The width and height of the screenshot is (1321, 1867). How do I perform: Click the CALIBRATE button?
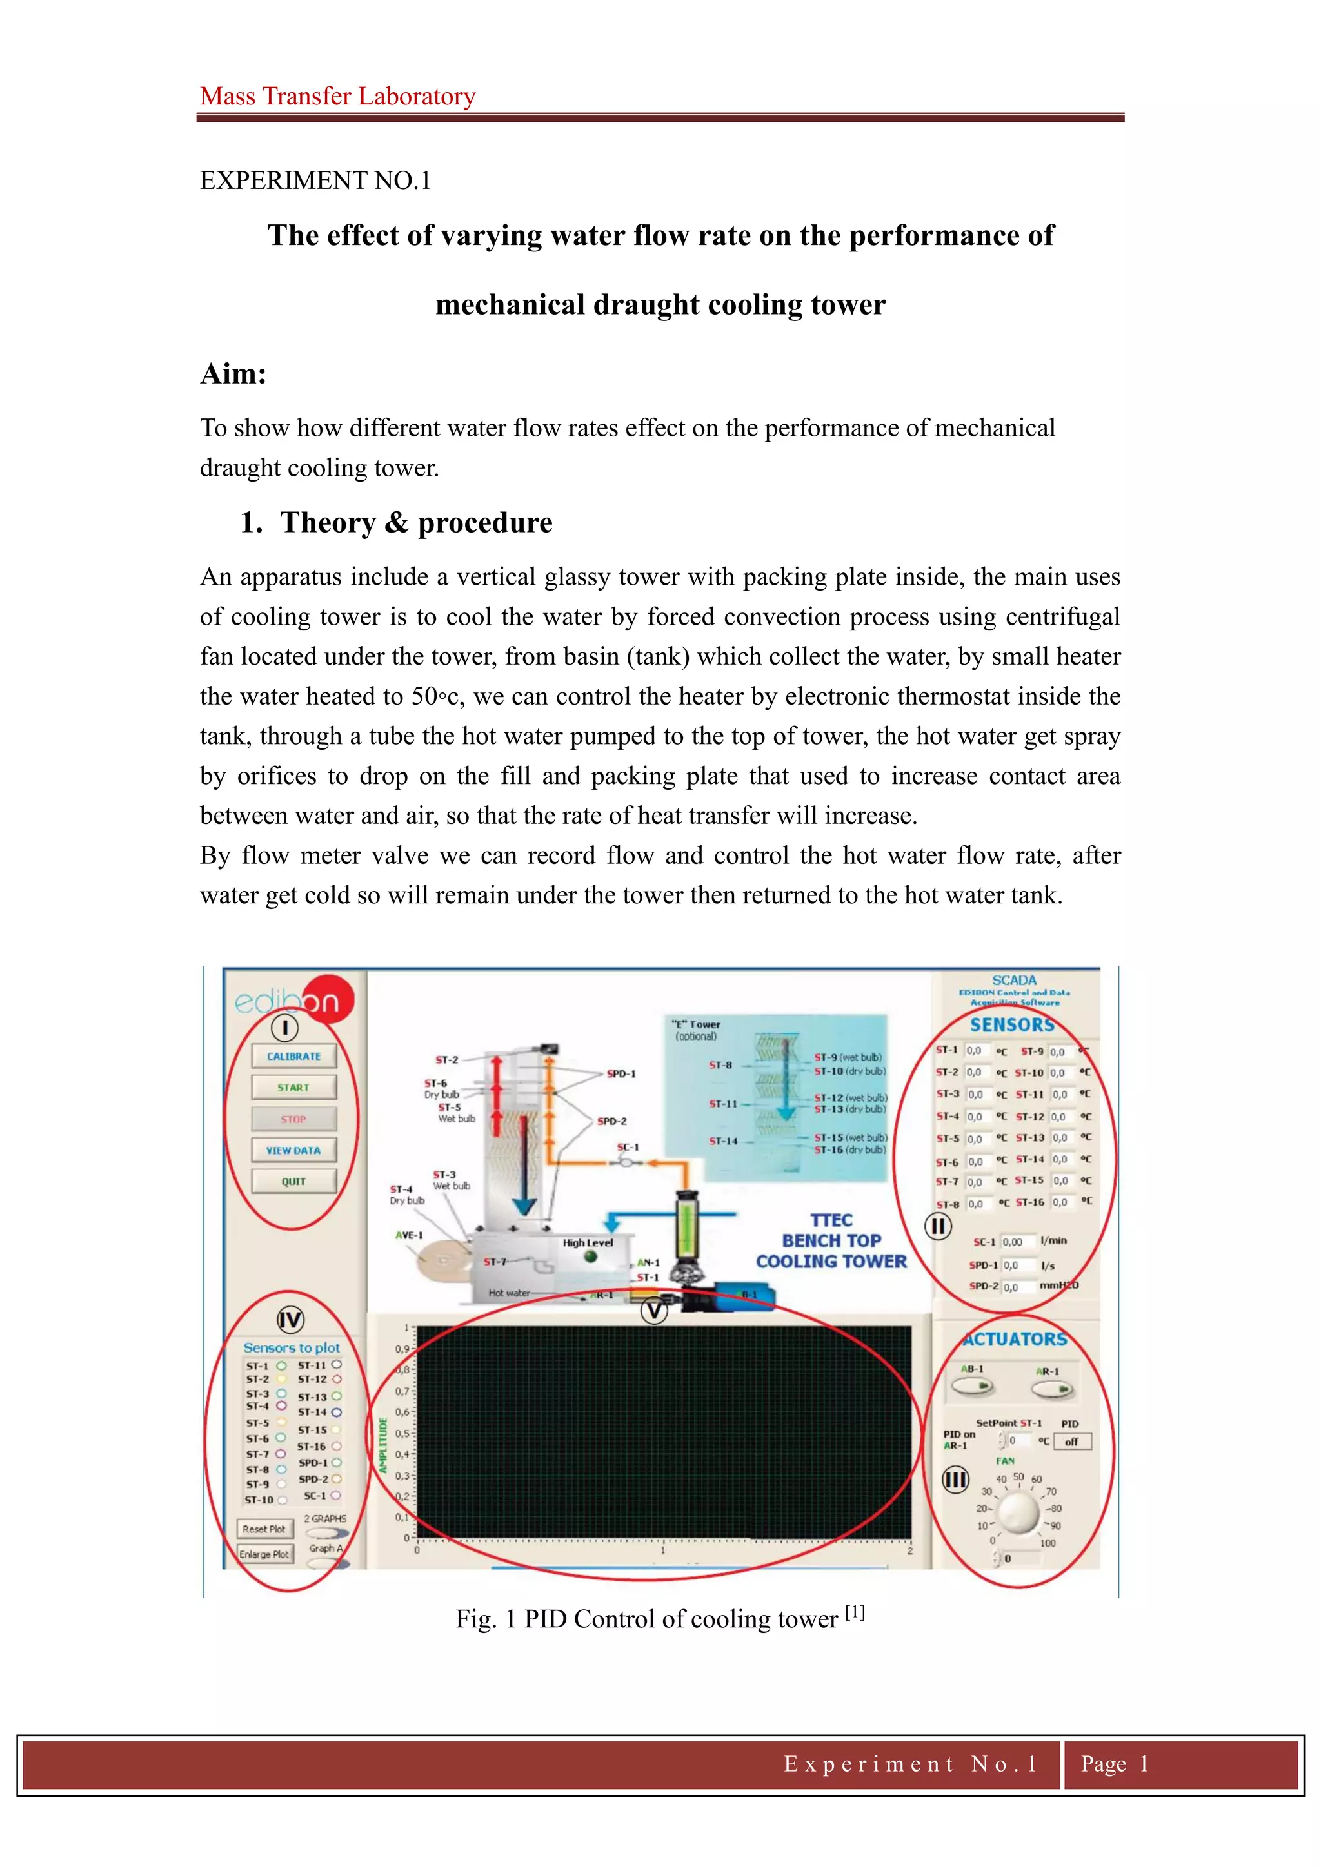293,1055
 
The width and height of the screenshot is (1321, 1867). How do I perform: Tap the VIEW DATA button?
293,1150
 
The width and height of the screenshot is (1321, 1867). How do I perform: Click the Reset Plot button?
264,1529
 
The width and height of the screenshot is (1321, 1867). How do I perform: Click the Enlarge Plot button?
264,1554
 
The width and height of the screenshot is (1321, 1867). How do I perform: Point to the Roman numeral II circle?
938,1226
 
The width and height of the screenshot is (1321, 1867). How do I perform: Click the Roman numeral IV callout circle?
290,1319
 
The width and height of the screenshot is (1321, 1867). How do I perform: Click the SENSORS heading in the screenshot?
1012,1024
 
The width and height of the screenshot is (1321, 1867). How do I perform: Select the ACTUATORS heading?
1015,1339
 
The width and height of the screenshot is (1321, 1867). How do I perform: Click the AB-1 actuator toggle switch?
973,1387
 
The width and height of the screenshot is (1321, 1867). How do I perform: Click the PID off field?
1072,1442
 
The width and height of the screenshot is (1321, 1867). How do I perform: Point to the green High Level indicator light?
591,1256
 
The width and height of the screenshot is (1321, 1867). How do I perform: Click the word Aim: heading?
233,374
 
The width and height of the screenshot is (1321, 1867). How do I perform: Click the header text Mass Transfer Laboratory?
337,96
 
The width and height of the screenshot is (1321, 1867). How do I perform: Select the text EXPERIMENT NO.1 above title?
315,180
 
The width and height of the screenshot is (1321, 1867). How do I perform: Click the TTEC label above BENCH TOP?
831,1220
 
